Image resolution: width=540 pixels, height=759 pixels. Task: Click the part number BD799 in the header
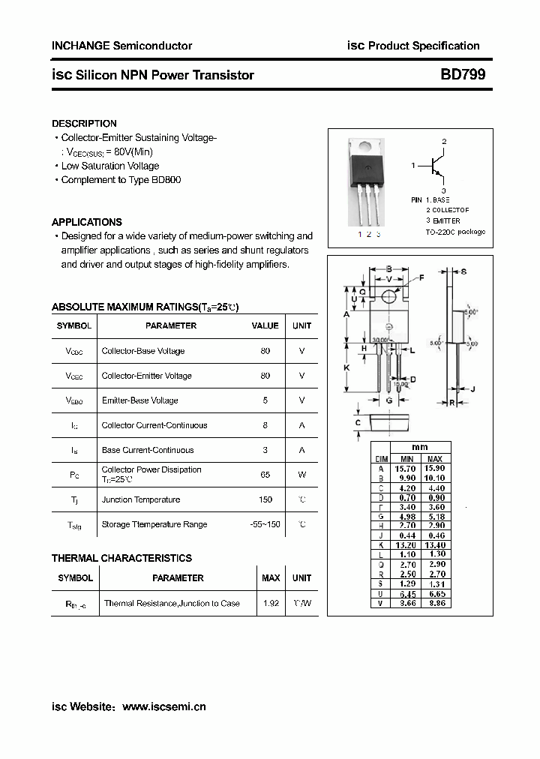click(x=463, y=75)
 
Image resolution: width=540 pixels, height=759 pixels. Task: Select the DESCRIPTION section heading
click(x=84, y=124)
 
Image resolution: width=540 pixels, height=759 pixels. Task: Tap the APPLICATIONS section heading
click(x=86, y=222)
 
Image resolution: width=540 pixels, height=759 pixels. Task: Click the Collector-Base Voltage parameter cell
click(x=143, y=351)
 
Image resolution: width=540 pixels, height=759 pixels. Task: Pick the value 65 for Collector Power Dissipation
click(x=265, y=475)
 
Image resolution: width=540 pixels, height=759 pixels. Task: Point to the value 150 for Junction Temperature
click(x=265, y=499)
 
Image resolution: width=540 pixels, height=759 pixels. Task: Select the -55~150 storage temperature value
click(x=265, y=524)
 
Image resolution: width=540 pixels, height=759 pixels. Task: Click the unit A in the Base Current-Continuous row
click(x=301, y=450)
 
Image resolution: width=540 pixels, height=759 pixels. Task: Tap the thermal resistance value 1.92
click(x=271, y=603)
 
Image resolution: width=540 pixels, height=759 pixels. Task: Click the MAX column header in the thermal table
click(x=271, y=578)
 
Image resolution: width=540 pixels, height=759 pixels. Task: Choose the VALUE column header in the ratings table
click(x=265, y=325)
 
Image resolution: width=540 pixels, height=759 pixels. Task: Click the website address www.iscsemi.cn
click(x=163, y=706)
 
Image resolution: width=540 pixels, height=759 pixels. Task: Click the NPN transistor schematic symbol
click(x=435, y=166)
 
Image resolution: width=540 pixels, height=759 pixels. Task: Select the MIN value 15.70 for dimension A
click(x=406, y=468)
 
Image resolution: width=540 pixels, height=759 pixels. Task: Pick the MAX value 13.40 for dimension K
click(x=434, y=545)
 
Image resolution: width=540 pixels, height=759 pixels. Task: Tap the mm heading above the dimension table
click(x=420, y=447)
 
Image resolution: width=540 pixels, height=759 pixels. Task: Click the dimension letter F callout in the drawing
click(x=421, y=277)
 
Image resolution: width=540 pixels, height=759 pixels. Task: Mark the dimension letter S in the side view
click(x=464, y=271)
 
